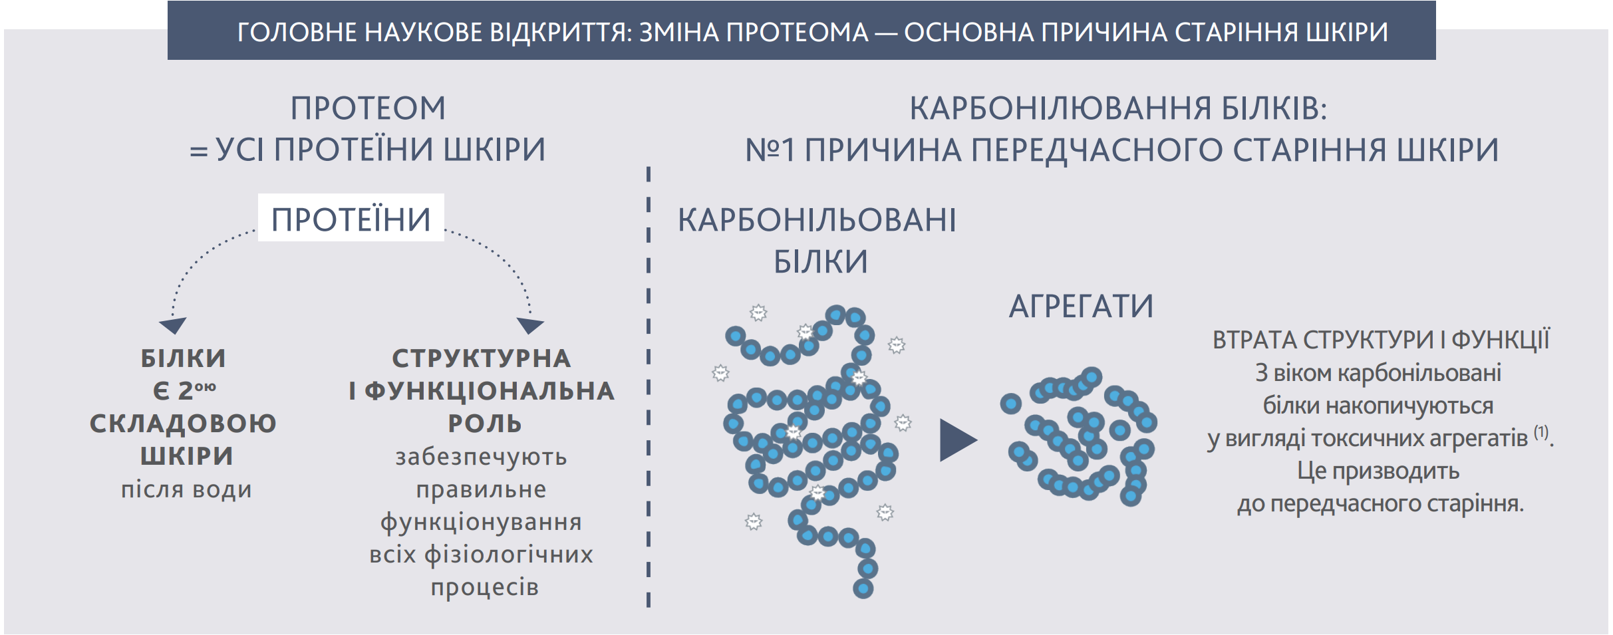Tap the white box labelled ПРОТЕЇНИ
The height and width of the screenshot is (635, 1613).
[351, 217]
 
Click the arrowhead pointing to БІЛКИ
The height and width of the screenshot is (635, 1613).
[173, 325]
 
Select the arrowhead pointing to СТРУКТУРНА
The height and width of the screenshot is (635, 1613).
[530, 325]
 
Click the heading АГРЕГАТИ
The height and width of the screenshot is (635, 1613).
[1081, 307]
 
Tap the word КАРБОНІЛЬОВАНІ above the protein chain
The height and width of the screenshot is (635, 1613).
[817, 219]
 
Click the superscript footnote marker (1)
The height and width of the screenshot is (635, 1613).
[1541, 432]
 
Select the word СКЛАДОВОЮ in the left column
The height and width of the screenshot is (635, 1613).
[183, 424]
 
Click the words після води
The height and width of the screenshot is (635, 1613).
[186, 489]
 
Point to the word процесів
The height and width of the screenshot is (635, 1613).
[484, 587]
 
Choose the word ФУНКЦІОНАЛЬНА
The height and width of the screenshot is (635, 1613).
[490, 391]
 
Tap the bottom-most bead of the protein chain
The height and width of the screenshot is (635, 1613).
[863, 588]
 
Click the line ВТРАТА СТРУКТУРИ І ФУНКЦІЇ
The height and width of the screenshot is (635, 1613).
[1381, 340]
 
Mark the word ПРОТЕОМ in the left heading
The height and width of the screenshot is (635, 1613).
[368, 108]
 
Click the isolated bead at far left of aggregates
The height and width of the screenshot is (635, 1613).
[1010, 403]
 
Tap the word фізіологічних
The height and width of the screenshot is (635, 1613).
[508, 555]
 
